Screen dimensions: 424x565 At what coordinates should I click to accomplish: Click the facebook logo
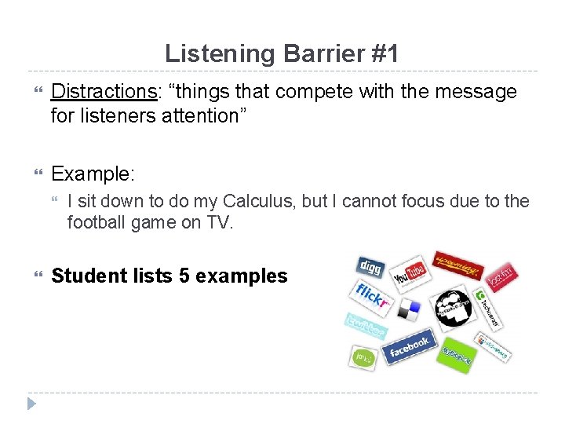pos(409,345)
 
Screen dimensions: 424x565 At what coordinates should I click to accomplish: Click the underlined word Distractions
pos(104,92)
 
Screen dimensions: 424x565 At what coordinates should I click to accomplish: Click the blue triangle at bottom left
pos(31,404)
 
